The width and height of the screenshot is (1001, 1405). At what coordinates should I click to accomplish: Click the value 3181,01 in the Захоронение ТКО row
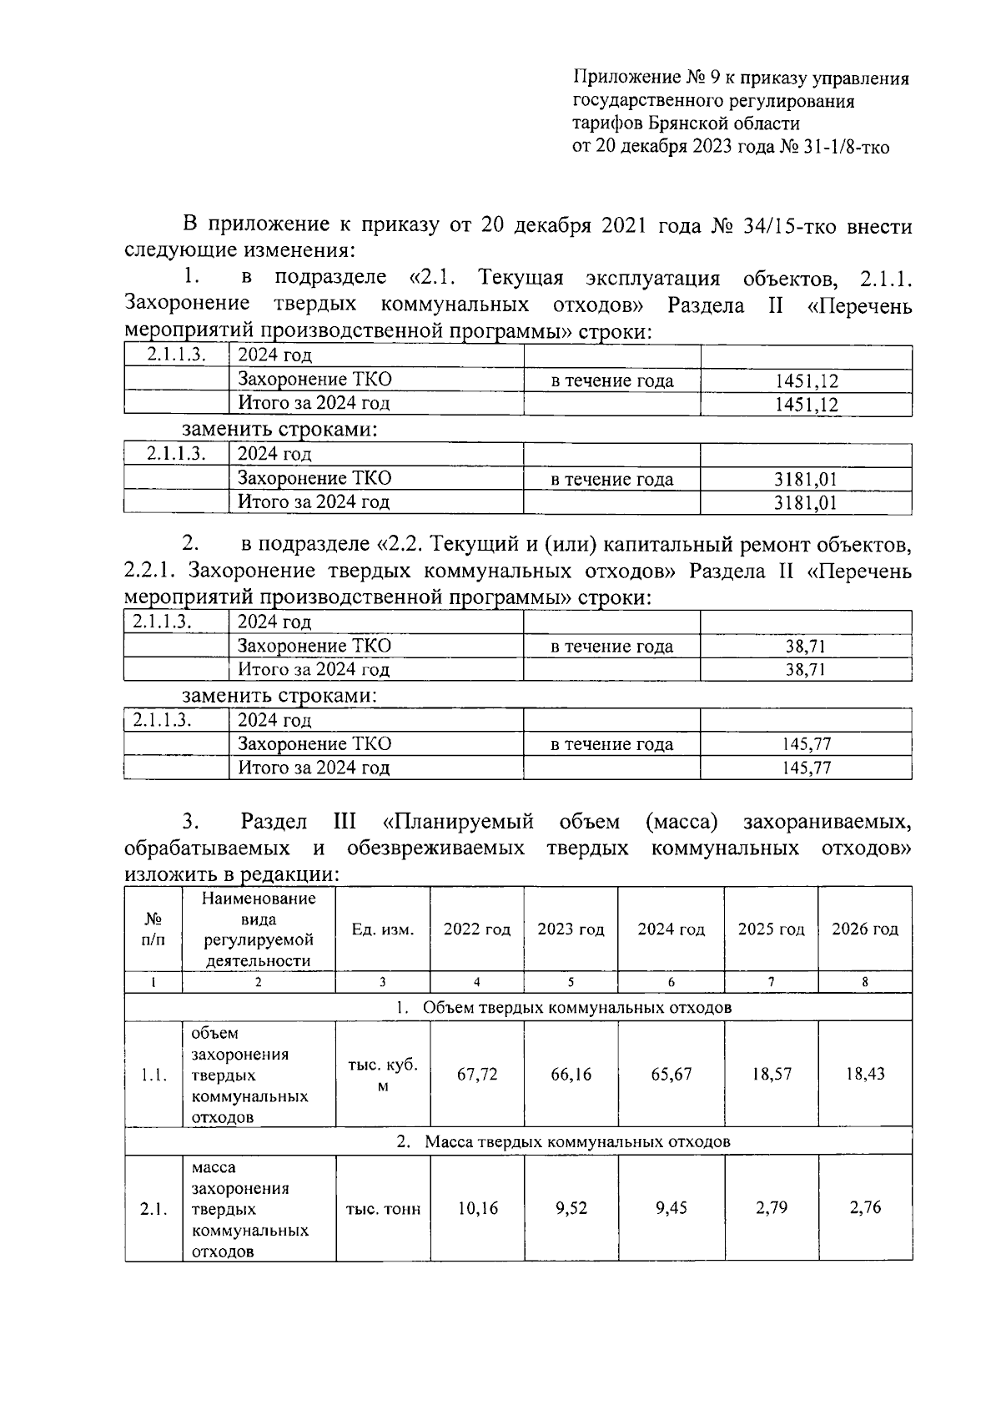tap(805, 480)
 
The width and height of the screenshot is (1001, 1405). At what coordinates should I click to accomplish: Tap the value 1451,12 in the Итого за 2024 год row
tap(806, 405)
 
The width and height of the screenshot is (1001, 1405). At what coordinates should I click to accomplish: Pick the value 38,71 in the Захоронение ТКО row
tap(805, 647)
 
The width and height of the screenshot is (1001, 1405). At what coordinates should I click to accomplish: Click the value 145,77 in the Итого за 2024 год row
tap(806, 768)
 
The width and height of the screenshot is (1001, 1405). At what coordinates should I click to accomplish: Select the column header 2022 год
tap(476, 929)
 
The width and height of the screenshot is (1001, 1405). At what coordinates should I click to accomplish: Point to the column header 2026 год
tap(865, 929)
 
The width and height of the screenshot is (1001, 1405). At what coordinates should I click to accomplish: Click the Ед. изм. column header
tap(383, 929)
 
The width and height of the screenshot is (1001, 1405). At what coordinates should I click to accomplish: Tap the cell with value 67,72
tap(476, 1075)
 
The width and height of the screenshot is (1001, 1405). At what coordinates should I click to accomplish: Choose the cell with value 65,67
tap(671, 1075)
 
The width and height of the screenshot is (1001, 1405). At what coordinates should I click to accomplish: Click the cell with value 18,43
tap(865, 1075)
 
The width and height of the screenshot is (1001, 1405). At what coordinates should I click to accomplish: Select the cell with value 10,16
tap(476, 1208)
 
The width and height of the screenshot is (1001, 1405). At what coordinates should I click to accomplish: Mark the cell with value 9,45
tap(671, 1208)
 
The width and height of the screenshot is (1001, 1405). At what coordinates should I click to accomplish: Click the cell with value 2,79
tap(772, 1208)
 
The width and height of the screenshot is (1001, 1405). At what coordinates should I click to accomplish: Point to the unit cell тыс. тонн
tap(383, 1209)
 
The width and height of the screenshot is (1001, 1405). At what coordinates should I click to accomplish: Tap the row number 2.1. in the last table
tap(154, 1209)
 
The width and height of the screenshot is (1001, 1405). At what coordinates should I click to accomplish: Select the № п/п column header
tap(153, 929)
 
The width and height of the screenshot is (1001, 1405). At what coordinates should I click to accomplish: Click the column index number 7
tap(772, 983)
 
